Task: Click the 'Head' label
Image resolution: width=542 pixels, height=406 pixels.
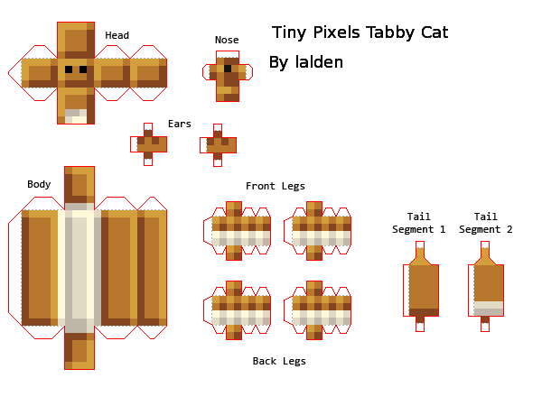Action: pos(117,36)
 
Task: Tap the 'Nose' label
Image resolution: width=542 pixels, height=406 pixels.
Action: pos(227,40)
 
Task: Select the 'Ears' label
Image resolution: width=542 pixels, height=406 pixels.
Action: pos(180,124)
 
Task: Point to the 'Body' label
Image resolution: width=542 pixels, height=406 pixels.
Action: pos(39,184)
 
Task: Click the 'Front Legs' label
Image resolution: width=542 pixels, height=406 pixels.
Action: pos(276,186)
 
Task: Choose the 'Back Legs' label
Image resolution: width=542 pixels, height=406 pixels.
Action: pos(278,361)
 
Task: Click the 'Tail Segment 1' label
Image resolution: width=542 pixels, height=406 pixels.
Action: pos(418,223)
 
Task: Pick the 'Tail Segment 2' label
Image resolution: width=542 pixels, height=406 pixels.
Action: pos(485,223)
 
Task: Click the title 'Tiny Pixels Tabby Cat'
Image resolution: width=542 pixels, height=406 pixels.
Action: pos(360,33)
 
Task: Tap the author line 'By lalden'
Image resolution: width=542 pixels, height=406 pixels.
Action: pos(306,62)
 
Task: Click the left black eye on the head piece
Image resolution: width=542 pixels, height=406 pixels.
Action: pos(69,69)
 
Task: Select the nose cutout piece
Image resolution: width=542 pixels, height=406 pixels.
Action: pos(227,75)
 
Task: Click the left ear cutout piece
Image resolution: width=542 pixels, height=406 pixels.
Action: pos(148,143)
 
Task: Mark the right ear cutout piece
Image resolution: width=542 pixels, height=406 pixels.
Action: pos(218,143)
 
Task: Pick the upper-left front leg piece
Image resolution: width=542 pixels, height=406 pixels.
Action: pos(241,229)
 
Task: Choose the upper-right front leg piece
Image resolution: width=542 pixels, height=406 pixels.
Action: pos(316,229)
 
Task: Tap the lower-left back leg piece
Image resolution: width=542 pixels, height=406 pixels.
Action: pos(241,309)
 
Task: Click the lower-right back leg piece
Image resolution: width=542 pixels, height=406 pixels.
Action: pos(316,309)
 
